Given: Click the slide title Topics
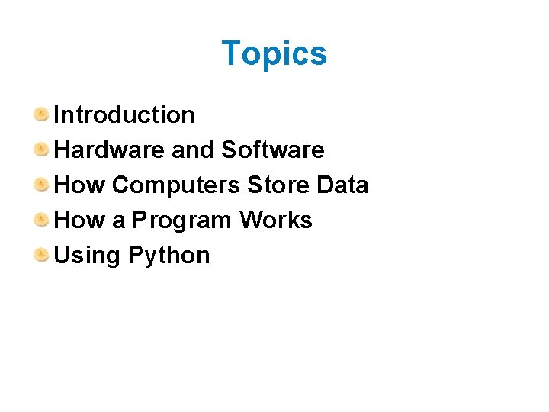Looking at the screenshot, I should tap(274, 54).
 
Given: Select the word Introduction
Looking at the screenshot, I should tap(124, 115).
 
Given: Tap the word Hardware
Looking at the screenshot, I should tap(110, 150).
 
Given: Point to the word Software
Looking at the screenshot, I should tap(272, 150).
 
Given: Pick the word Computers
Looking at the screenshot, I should tap(176, 185).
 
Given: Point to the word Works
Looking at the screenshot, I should tap(275, 220).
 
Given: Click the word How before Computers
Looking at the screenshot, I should tap(80, 185).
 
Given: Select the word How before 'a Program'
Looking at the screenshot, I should tap(80, 220).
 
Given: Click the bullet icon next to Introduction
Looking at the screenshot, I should tap(41, 114).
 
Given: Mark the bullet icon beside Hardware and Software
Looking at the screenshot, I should tap(41, 150).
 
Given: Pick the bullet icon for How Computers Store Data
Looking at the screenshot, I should tap(41, 185).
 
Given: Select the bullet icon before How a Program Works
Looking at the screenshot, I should tap(41, 220).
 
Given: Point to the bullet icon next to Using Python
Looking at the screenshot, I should tap(41, 255).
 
